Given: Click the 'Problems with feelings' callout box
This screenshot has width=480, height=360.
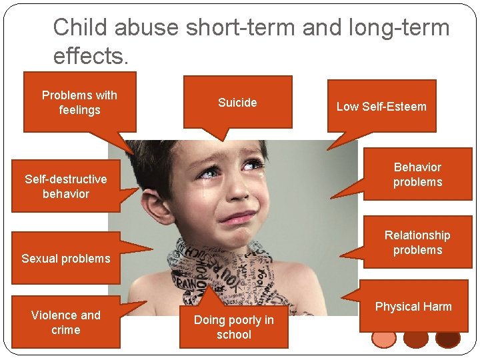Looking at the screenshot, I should pos(79,103).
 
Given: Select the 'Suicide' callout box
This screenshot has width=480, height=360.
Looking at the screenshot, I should pos(237,102).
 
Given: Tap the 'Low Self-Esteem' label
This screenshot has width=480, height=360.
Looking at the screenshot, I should pos(381,106).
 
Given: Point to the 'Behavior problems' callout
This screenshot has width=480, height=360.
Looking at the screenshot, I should pos(417,175).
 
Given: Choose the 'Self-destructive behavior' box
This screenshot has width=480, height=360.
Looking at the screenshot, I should pos(65,186).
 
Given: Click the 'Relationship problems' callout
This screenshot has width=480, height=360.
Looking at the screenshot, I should pos(417,243).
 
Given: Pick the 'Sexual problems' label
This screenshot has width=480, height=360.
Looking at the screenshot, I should pos(65,258).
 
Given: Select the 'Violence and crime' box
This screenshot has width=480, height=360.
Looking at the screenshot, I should pos(65,322).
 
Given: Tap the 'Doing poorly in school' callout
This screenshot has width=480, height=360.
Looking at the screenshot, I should pos(233,327).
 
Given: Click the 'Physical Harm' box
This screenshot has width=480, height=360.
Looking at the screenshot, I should pos(413,307).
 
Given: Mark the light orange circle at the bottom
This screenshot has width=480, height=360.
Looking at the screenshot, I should pos(384,339).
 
